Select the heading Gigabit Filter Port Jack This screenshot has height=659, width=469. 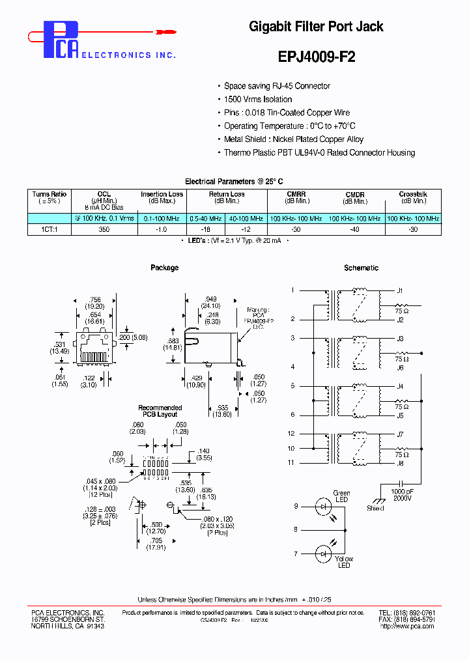pos(316,27)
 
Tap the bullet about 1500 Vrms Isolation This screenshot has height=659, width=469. pos(258,99)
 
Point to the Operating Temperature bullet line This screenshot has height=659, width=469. pos(289,126)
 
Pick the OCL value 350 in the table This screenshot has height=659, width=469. pos(104,230)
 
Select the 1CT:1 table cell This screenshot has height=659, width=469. pos(50,230)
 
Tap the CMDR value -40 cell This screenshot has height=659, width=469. pos(355,230)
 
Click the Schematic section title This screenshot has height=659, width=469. pos(361,268)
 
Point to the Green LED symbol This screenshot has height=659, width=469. pos(324,506)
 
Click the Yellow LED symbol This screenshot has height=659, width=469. pos(324,554)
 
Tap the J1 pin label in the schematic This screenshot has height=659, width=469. pos(400,290)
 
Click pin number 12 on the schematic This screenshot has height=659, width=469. pos(291,434)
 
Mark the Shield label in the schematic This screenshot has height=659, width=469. pos(375,509)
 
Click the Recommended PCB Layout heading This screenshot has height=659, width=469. pos(160,411)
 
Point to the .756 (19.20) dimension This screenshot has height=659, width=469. pos(96,302)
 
